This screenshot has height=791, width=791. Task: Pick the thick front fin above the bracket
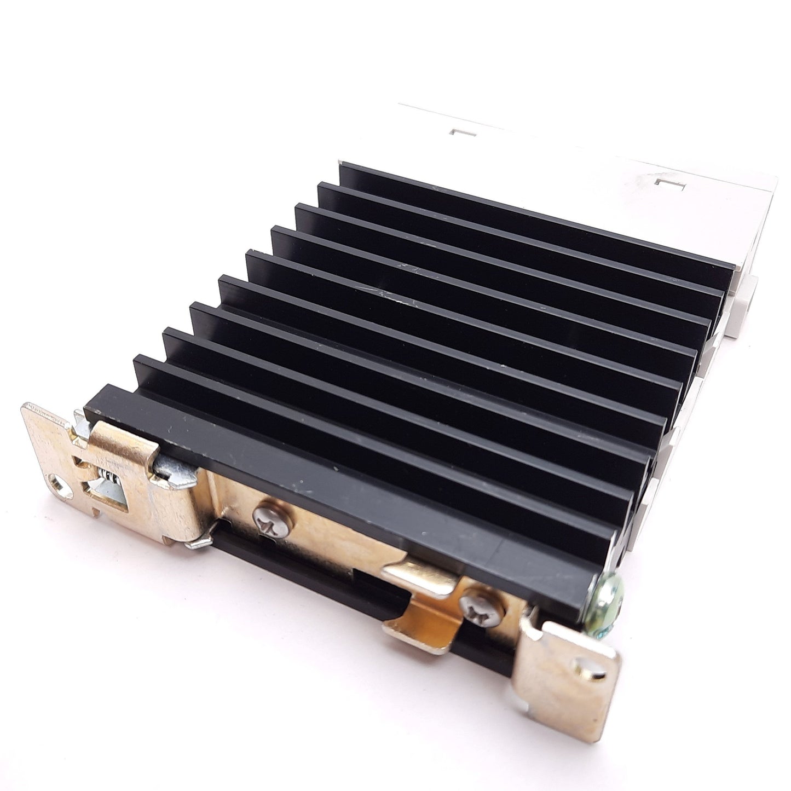pyautogui.click(x=339, y=471)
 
